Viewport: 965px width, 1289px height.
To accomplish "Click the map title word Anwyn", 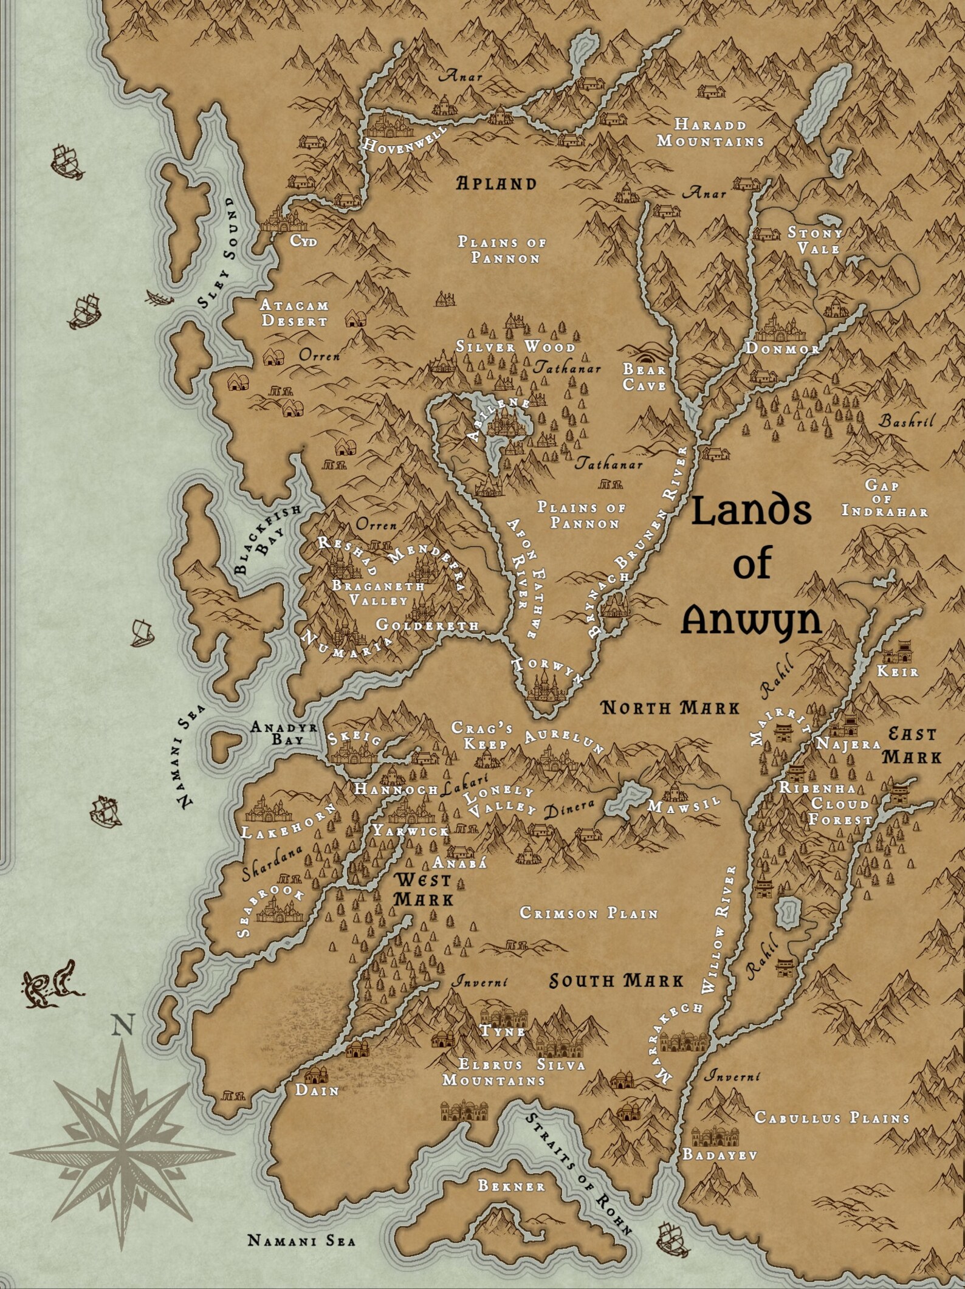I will tap(752, 621).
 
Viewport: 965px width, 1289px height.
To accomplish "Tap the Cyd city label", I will tap(303, 241).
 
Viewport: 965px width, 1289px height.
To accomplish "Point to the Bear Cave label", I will tap(644, 377).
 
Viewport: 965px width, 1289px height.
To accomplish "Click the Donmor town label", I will tap(782, 348).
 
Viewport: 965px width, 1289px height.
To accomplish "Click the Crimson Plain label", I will tap(589, 913).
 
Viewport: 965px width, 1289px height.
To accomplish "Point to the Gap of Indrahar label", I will tap(884, 498).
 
